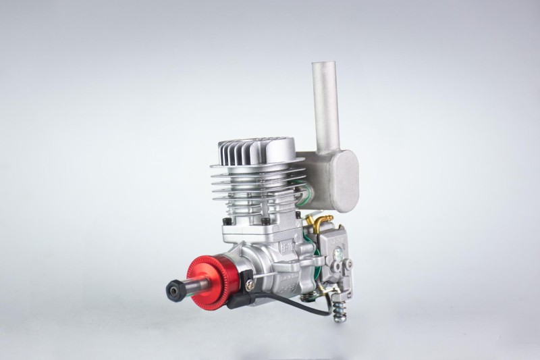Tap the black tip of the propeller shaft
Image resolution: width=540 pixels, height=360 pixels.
[173, 291]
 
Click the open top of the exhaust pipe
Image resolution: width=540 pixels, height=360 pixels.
[323, 66]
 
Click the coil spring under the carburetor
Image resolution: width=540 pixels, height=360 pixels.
[337, 309]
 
